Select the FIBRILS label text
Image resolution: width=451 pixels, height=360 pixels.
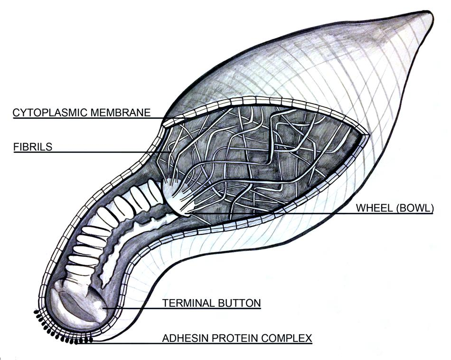pos(33,147)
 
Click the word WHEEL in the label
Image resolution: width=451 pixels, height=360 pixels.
pos(374,208)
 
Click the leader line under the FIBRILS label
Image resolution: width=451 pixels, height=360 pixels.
pos(93,152)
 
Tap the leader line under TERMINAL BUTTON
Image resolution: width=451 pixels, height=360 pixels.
pos(182,309)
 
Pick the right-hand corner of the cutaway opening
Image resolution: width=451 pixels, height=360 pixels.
pos(368,135)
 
